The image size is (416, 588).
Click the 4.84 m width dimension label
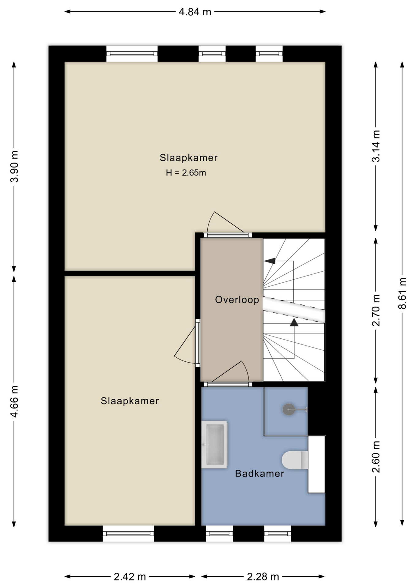195,12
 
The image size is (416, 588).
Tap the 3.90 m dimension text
14,166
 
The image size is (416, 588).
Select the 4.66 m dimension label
14,401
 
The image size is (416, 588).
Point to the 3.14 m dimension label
376,146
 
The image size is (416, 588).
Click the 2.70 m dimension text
376,310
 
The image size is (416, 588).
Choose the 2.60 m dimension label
376,457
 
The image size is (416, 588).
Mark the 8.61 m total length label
402,293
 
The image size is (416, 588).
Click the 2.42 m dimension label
130,577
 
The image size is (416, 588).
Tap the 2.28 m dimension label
263,577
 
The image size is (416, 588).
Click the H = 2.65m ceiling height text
186,173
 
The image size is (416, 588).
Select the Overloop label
237,300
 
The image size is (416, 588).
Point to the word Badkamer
259,473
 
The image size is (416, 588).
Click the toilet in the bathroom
295,460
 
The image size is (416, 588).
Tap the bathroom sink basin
214,444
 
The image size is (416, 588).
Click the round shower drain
289,409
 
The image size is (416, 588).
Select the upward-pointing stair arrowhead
294,322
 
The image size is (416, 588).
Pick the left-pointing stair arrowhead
270,261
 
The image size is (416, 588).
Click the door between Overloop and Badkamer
228,384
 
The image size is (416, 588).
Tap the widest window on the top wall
132,54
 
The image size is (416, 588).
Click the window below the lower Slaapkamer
128,533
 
